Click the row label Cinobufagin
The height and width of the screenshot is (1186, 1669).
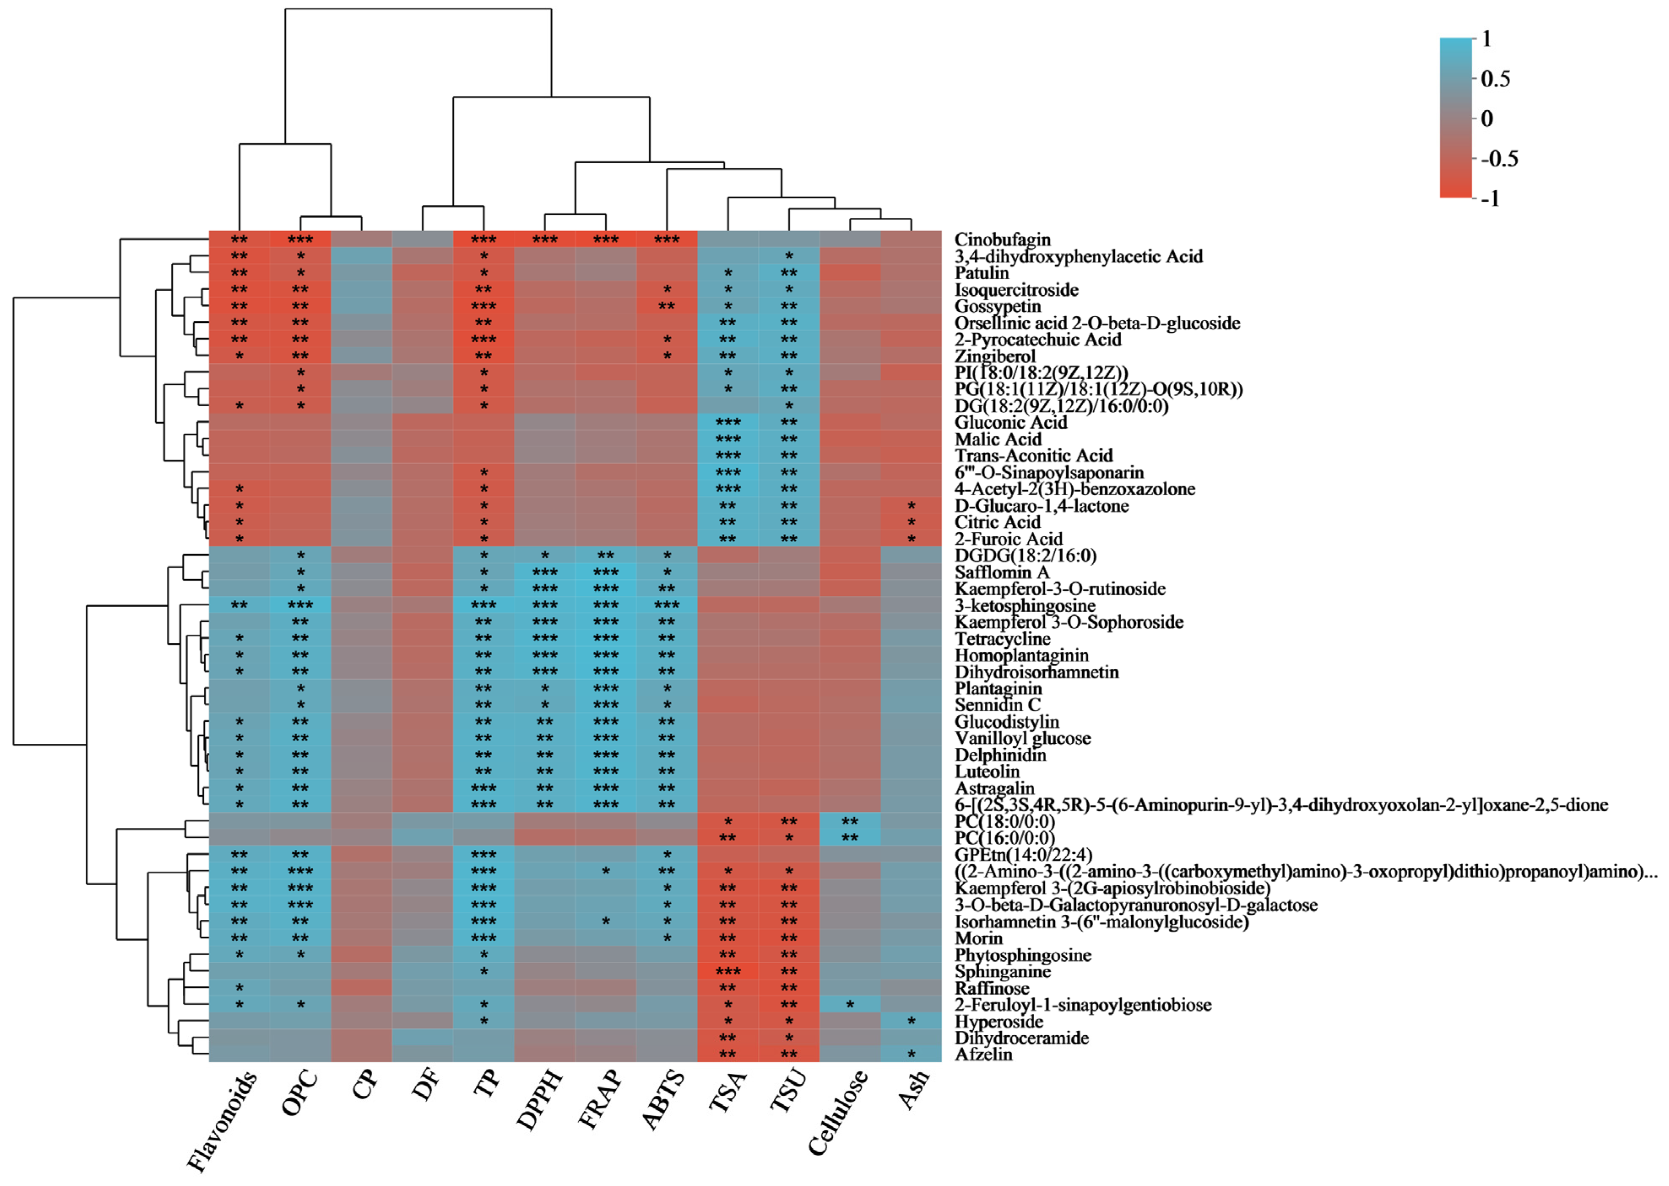click(1002, 240)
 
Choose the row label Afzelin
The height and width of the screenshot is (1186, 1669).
click(983, 1054)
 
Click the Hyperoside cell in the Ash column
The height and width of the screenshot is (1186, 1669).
click(911, 1021)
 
